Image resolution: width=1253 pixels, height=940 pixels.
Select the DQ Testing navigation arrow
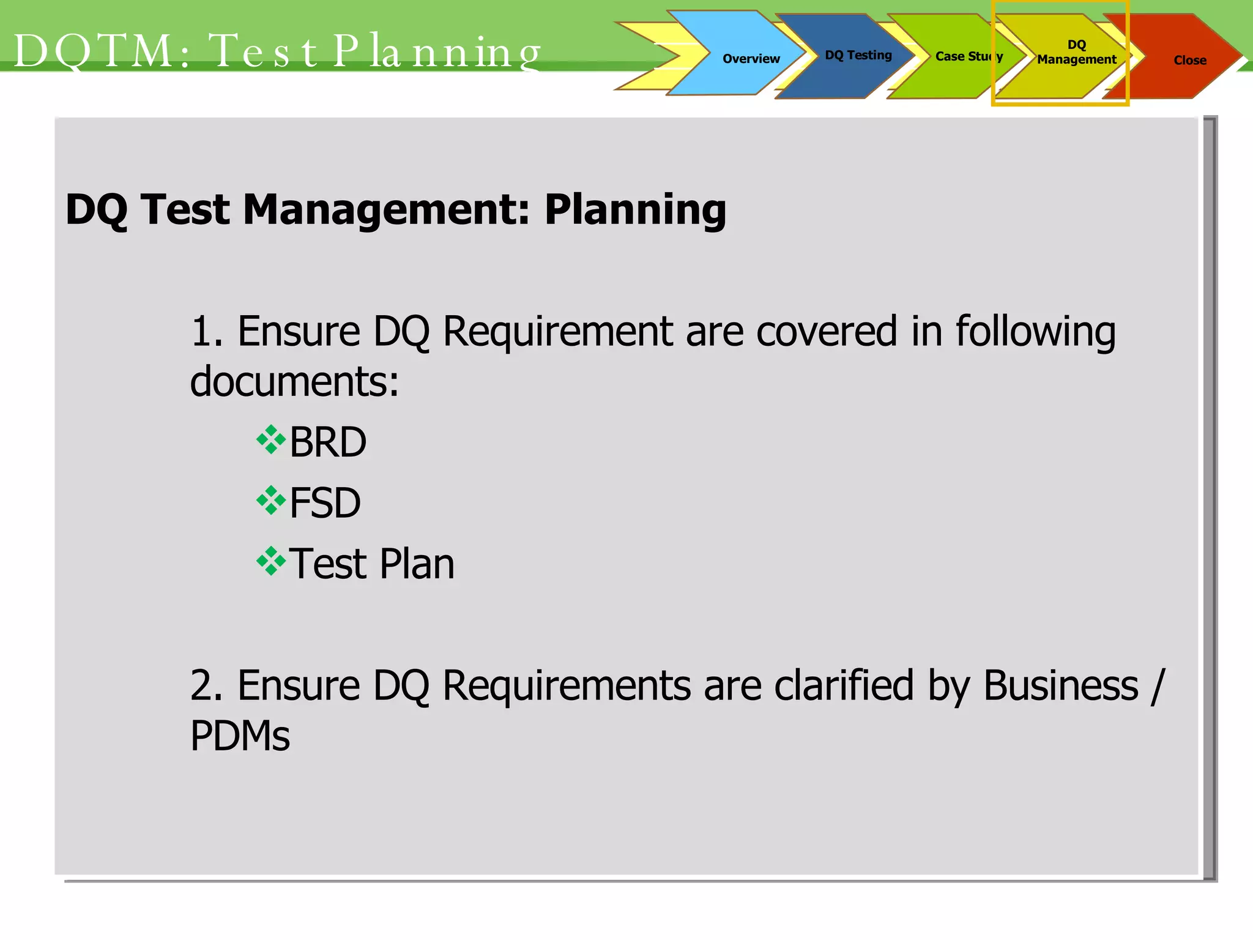pos(858,56)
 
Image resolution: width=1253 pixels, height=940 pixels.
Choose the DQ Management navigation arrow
pos(1076,53)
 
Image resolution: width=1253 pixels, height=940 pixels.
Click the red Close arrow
pos(1189,60)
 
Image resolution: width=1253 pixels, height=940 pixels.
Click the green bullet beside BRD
pos(271,440)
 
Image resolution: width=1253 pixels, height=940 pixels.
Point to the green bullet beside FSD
pos(271,501)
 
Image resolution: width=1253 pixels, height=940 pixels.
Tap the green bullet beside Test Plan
pos(271,561)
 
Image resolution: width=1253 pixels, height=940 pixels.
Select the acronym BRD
pos(328,442)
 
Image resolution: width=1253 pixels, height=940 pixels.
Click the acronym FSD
pos(325,503)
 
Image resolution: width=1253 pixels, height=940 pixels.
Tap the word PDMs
pos(240,736)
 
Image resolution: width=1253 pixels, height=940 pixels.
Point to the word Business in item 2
pos(1061,685)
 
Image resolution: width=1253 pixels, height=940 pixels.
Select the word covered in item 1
pos(827,332)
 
